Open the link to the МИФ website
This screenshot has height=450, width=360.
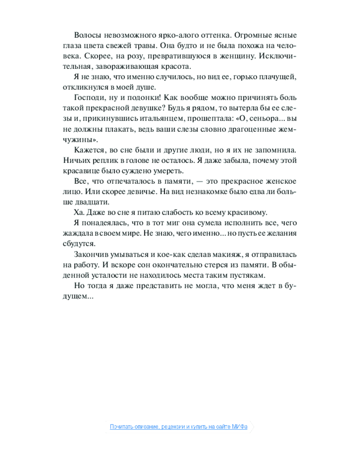pos(180,427)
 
